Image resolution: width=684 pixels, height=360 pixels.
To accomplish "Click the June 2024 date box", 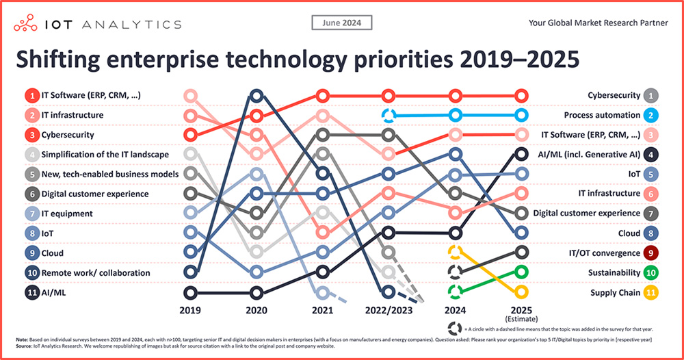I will [342, 23].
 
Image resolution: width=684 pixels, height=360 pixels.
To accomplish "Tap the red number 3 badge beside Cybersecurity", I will [31, 135].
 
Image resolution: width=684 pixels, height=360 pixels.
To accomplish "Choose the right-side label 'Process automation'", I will [603, 116].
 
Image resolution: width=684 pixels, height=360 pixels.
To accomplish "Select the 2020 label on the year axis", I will [256, 310].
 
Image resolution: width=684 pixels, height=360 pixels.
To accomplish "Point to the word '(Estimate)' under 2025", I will [521, 319].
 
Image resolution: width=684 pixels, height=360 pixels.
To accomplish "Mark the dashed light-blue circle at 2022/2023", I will [389, 116].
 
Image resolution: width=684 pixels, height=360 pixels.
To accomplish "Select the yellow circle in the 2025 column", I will [521, 292].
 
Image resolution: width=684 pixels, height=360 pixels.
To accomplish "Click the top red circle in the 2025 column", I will [521, 95].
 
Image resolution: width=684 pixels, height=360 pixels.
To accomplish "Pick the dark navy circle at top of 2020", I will [256, 95].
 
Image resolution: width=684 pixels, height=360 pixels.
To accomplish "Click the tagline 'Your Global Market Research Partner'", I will [598, 23].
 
